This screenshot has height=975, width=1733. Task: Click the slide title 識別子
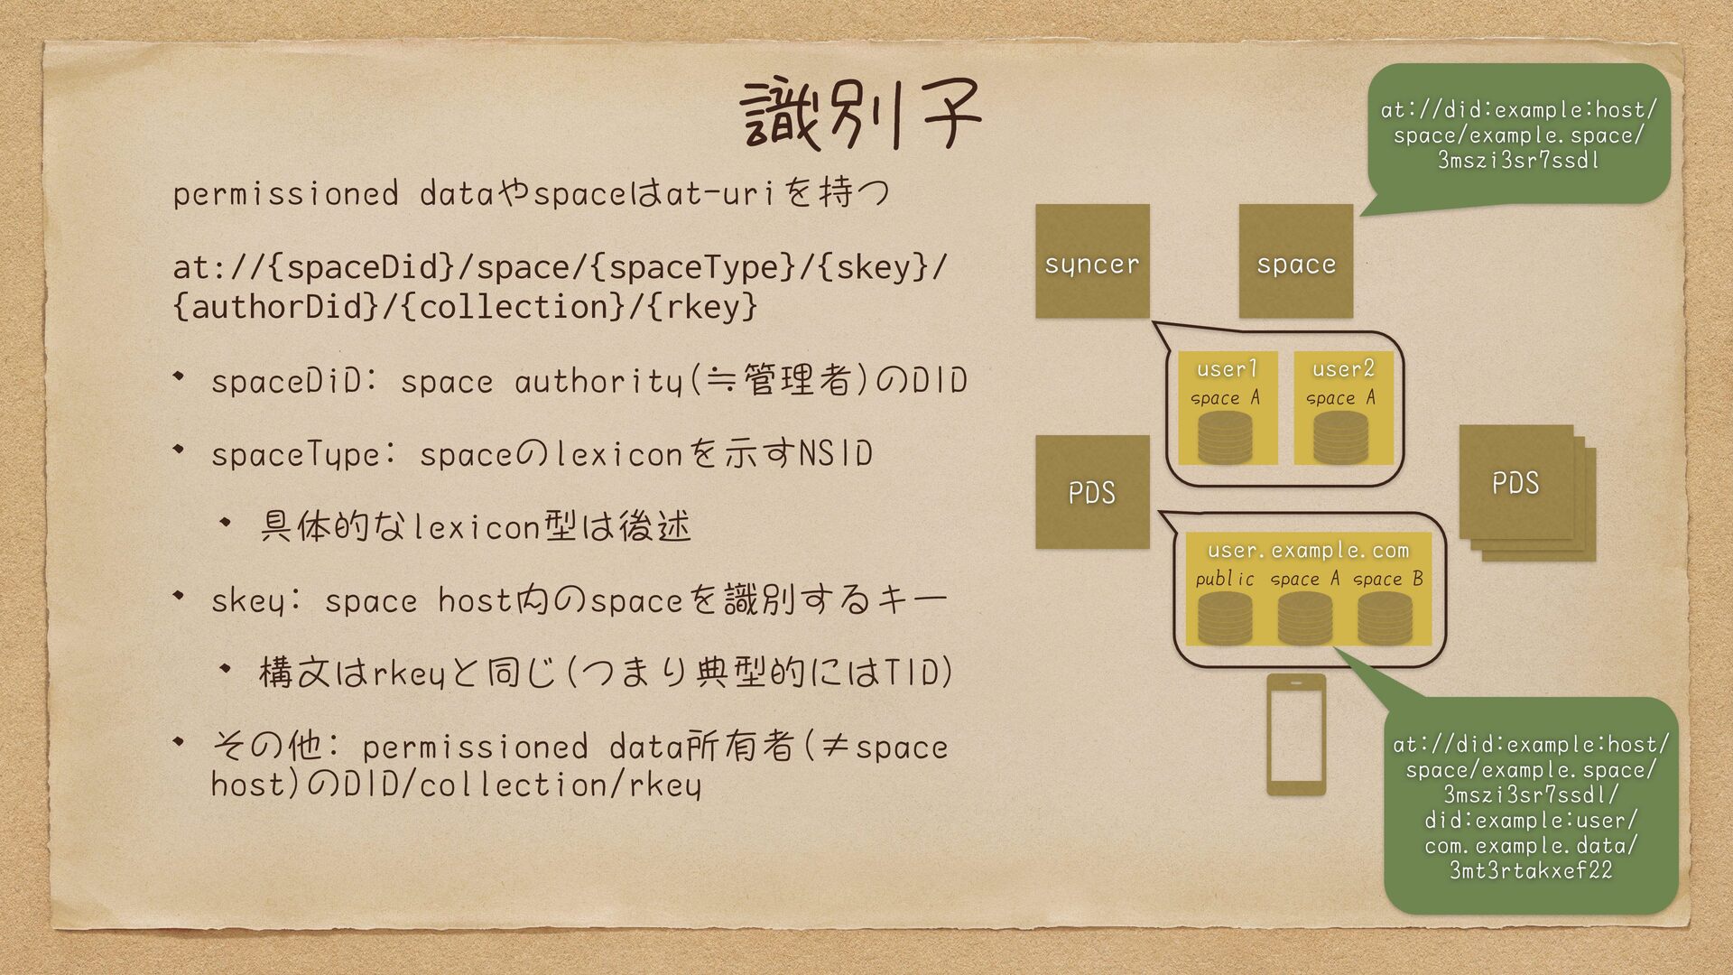coord(859,116)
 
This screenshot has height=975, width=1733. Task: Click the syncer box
coord(1092,261)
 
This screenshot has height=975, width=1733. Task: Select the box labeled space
coord(1295,261)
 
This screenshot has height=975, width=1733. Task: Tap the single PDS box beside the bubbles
coord(1092,492)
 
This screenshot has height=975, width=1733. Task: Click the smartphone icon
coord(1296,734)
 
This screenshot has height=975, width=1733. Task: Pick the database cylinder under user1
coord(1225,437)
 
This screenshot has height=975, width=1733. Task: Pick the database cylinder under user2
coord(1340,437)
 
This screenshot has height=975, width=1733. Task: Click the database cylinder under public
coord(1225,617)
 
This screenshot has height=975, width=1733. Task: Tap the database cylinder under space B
coord(1385,617)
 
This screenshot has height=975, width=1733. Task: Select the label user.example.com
coord(1308,550)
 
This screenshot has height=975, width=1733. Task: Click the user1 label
coord(1227,368)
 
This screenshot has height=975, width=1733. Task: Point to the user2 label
coord(1343,368)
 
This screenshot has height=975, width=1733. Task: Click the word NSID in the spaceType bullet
coord(836,452)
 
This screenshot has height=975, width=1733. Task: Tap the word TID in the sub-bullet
coord(914,673)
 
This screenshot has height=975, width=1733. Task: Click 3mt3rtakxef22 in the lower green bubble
coord(1531,870)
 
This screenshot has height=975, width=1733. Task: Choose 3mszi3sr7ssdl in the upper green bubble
coord(1519,160)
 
